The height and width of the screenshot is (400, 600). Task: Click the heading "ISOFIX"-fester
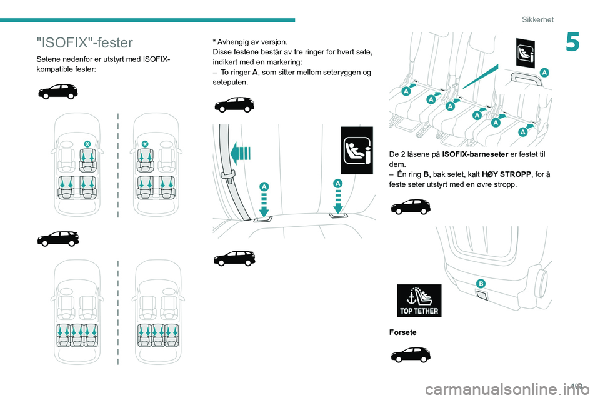pyautogui.click(x=85, y=42)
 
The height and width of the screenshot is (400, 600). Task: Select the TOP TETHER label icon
pyautogui.click(x=419, y=301)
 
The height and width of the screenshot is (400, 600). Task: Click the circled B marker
pyautogui.click(x=481, y=284)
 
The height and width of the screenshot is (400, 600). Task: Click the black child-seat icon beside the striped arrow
pyautogui.click(x=357, y=150)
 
